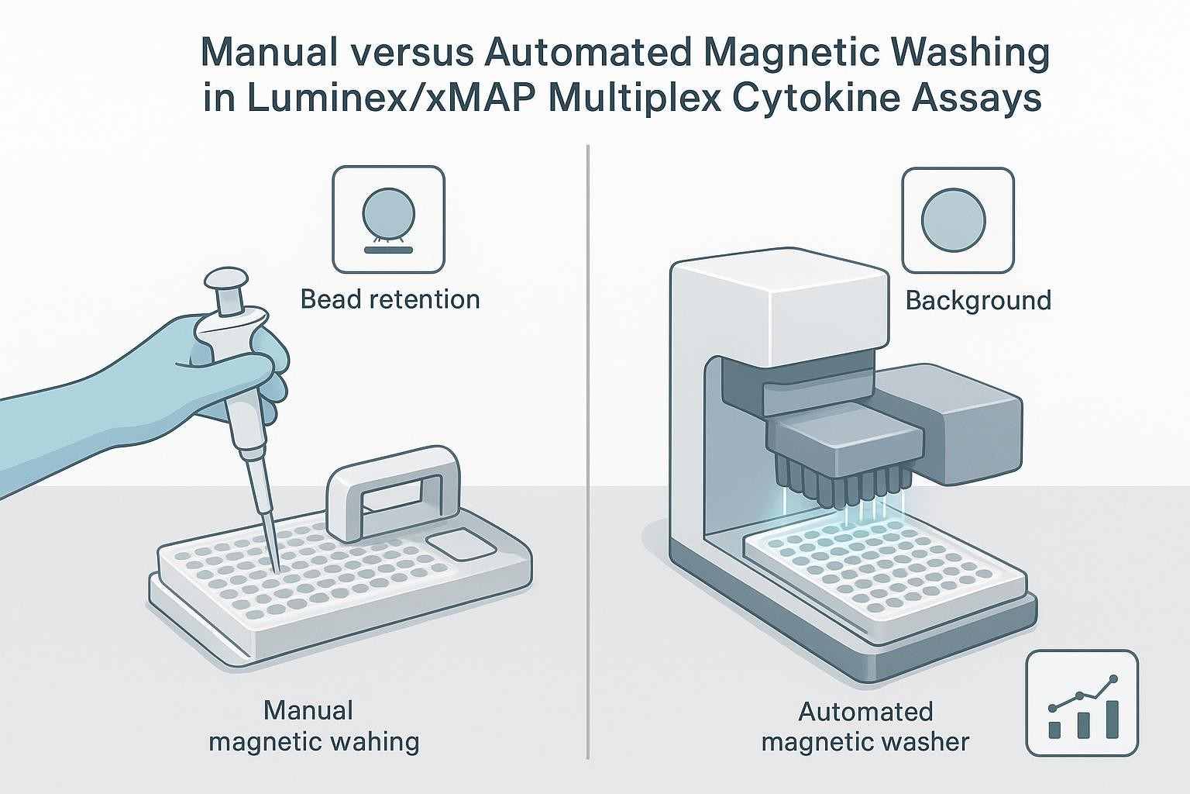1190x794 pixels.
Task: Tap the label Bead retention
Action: (390, 299)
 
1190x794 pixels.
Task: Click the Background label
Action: (978, 300)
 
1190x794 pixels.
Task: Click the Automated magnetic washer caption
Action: (865, 727)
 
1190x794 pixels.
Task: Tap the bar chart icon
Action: (1082, 703)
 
